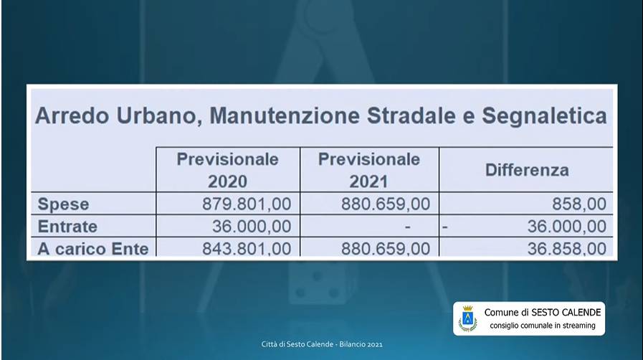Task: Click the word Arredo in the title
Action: [x=69, y=116]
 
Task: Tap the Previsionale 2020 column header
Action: [x=227, y=169]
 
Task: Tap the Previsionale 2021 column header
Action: [x=368, y=169]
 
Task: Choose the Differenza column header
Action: [x=527, y=170]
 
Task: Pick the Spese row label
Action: [x=62, y=204]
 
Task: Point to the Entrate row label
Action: [x=68, y=227]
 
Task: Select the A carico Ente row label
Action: [x=93, y=250]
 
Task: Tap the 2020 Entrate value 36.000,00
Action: [x=252, y=227]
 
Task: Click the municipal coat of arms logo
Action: [x=468, y=318]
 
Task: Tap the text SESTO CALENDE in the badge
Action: [x=566, y=313]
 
